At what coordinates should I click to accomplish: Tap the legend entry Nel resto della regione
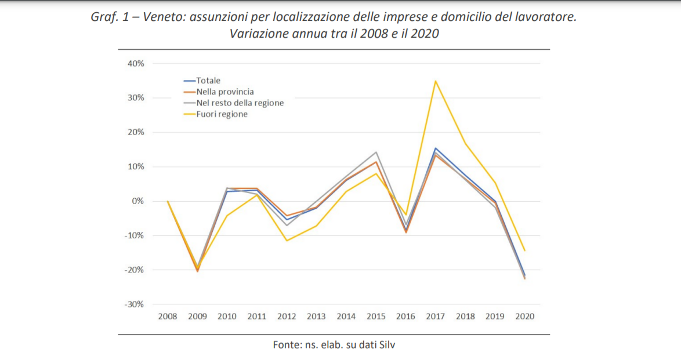[x=240, y=103]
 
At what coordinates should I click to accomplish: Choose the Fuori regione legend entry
[x=222, y=114]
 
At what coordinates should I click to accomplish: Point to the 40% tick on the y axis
[x=136, y=63]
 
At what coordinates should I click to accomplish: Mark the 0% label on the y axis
[x=138, y=201]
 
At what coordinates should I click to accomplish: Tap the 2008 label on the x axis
[x=168, y=317]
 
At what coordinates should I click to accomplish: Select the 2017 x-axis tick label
[x=435, y=317]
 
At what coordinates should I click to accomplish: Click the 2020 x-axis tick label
[x=524, y=317]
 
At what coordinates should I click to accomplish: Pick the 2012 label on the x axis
[x=287, y=317]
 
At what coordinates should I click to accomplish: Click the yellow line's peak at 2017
[x=435, y=81]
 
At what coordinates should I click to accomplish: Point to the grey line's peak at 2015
[x=376, y=152]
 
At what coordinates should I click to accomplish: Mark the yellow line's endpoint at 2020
[x=524, y=250]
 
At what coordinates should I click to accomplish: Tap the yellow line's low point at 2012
[x=287, y=241]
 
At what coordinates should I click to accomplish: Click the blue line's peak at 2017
[x=435, y=148]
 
